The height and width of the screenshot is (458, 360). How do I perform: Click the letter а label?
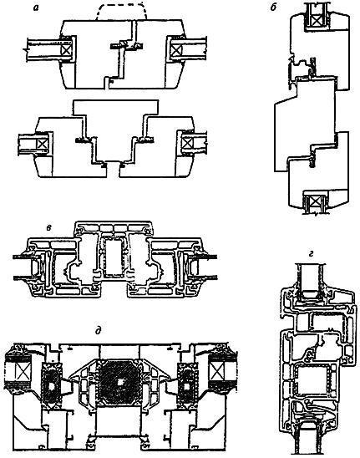pos(36,8)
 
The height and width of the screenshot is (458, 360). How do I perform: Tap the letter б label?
pos(273,8)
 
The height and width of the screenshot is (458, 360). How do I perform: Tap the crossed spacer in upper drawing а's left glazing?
pos(67,49)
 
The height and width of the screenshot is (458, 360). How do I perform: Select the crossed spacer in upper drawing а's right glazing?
pos(175,49)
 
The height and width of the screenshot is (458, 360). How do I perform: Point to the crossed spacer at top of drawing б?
pos(317,20)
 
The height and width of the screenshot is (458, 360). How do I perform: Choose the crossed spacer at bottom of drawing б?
pos(316,201)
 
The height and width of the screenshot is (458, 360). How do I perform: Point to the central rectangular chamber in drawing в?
pos(114,257)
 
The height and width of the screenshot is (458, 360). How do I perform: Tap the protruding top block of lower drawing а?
pos(116,108)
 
